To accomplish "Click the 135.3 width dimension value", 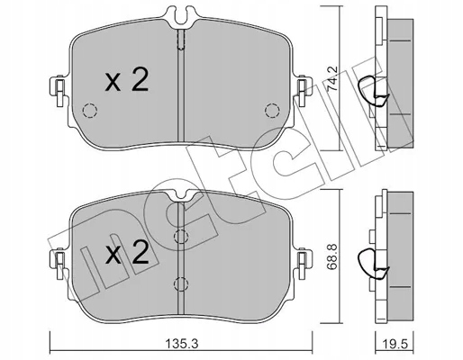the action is [x=181, y=344].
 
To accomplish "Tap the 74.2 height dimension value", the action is [x=332, y=79].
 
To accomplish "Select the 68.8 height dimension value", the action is [x=332, y=257].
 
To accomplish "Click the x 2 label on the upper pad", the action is [x=127, y=79].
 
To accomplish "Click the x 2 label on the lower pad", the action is [x=127, y=252].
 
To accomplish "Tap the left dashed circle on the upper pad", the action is [x=90, y=111].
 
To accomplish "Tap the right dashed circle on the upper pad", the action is [x=272, y=111].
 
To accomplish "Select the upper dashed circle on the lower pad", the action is [x=181, y=237].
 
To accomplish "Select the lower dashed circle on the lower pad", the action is [x=181, y=283].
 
